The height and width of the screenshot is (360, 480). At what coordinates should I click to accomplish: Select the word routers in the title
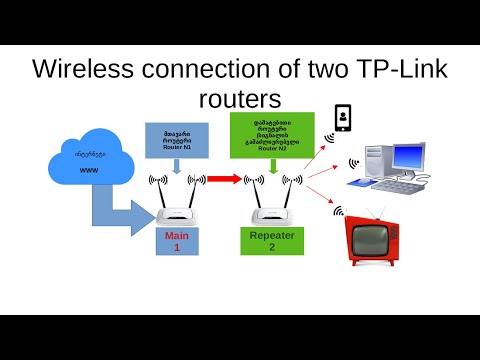(x=240, y=100)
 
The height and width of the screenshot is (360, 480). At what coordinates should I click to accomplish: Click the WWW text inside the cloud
(x=89, y=170)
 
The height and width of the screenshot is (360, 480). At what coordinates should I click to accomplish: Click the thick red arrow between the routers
(x=225, y=180)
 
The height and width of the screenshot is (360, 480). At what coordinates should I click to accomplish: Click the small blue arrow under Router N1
(x=176, y=169)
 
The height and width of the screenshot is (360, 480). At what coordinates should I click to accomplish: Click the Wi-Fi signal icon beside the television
(x=338, y=212)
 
